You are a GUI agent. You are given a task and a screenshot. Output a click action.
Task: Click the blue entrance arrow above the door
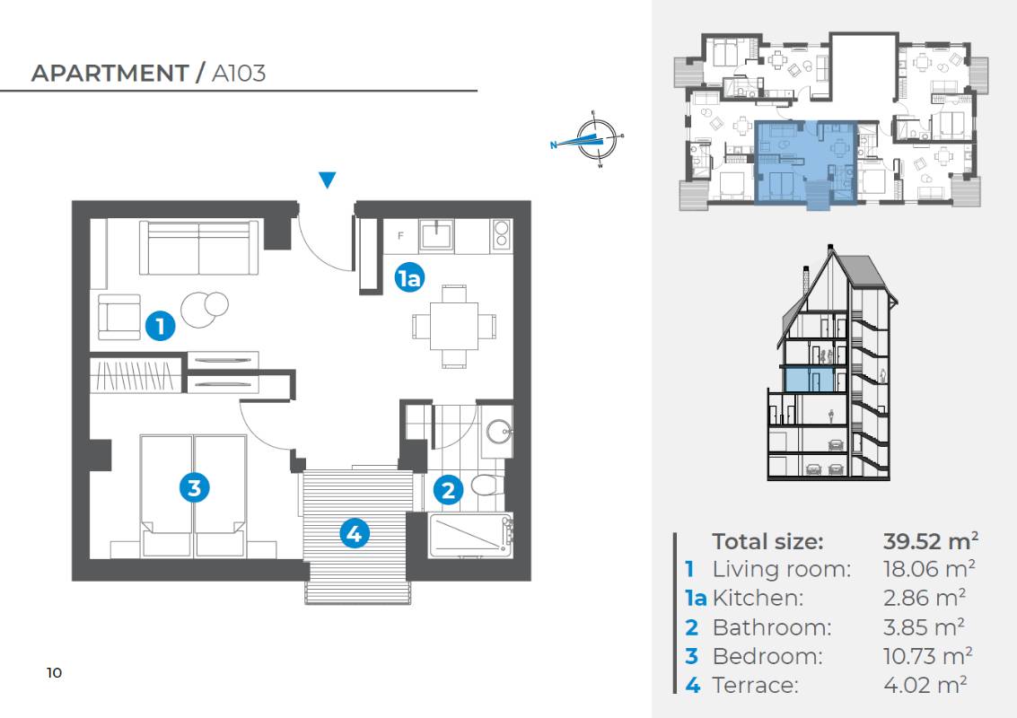[x=328, y=179]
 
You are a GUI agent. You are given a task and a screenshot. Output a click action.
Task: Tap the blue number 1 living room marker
[x=160, y=326]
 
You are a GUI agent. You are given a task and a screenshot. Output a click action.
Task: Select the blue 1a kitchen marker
[x=409, y=278]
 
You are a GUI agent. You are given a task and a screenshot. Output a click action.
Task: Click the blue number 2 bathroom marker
[x=448, y=490]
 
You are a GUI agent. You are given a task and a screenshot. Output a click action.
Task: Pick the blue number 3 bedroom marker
[x=195, y=486]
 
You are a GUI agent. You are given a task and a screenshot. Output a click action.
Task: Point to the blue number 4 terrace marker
[x=355, y=533]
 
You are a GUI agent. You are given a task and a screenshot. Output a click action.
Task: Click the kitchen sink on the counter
[x=438, y=235]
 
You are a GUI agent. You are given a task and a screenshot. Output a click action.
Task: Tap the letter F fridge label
[x=400, y=235]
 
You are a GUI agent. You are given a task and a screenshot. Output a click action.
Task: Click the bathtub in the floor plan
[x=471, y=534]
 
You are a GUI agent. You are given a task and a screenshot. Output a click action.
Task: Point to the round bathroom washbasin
[x=499, y=431]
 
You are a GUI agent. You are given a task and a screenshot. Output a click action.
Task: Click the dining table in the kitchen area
[x=454, y=327]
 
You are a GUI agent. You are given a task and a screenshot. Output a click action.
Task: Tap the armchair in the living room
[x=119, y=317]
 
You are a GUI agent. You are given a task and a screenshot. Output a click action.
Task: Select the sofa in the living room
[x=199, y=248]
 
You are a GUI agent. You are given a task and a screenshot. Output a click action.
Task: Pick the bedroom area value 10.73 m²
[x=927, y=656]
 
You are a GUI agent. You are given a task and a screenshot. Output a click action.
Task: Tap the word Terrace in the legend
[x=756, y=685]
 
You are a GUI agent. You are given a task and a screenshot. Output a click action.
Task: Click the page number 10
[x=55, y=672]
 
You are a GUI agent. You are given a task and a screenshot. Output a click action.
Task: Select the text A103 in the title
[x=239, y=74]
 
